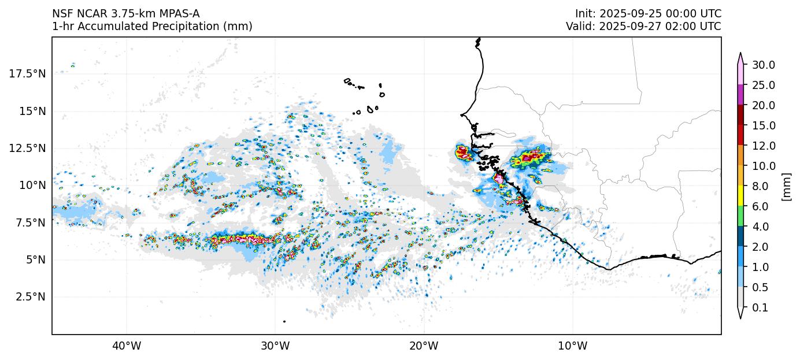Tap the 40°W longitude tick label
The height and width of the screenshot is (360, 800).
[127, 346]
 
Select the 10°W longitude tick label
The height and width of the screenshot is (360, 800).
[573, 346]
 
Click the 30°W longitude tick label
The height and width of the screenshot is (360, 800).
[275, 346]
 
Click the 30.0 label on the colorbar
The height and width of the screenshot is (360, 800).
[763, 65]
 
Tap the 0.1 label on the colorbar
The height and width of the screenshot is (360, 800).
[761, 308]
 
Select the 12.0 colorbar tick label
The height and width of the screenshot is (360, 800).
[763, 146]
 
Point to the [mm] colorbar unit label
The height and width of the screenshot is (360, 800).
[786, 186]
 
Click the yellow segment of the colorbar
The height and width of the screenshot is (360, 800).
[740, 196]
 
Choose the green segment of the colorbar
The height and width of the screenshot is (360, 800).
[740, 216]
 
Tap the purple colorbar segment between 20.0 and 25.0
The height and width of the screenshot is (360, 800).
[740, 95]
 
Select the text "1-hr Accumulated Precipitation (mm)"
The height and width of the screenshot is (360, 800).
[152, 26]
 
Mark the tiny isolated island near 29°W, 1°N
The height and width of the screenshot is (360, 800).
[284, 321]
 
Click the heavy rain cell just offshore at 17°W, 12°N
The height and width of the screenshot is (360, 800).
[463, 153]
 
